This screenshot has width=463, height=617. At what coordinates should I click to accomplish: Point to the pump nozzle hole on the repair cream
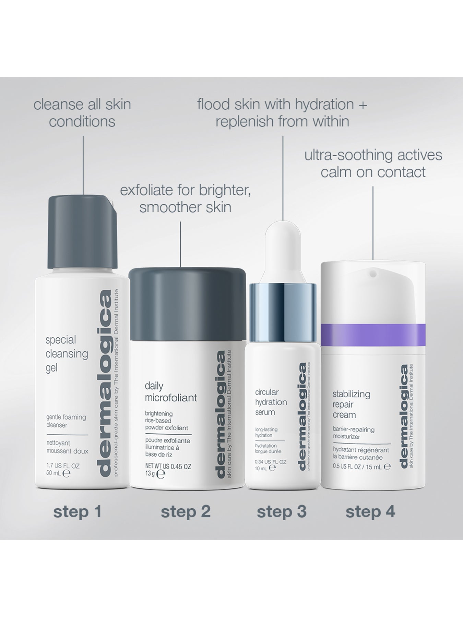tap(373, 274)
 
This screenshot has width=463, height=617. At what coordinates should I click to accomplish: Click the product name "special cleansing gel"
tap(67, 354)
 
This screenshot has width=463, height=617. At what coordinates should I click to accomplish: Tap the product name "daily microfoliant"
tap(171, 392)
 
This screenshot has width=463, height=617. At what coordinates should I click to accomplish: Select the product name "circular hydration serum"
tap(271, 402)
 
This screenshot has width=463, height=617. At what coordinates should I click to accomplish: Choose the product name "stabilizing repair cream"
tap(351, 404)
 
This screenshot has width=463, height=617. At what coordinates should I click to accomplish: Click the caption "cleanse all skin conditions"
tap(82, 113)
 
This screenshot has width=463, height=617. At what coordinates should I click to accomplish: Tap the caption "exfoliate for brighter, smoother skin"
tap(185, 199)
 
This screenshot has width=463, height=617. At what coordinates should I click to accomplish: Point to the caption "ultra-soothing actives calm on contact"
tap(373, 164)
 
